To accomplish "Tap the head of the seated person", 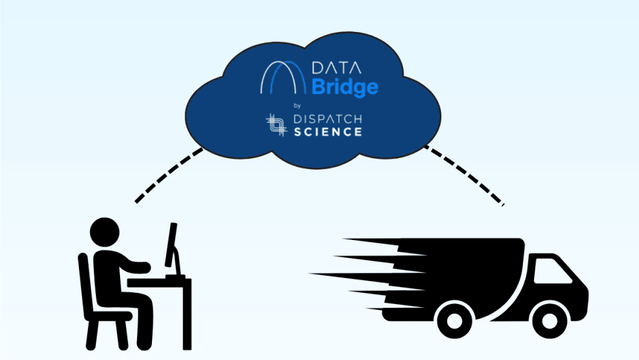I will click(104, 232).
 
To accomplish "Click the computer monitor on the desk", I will click(171, 245).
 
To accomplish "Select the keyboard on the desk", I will click(176, 277).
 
